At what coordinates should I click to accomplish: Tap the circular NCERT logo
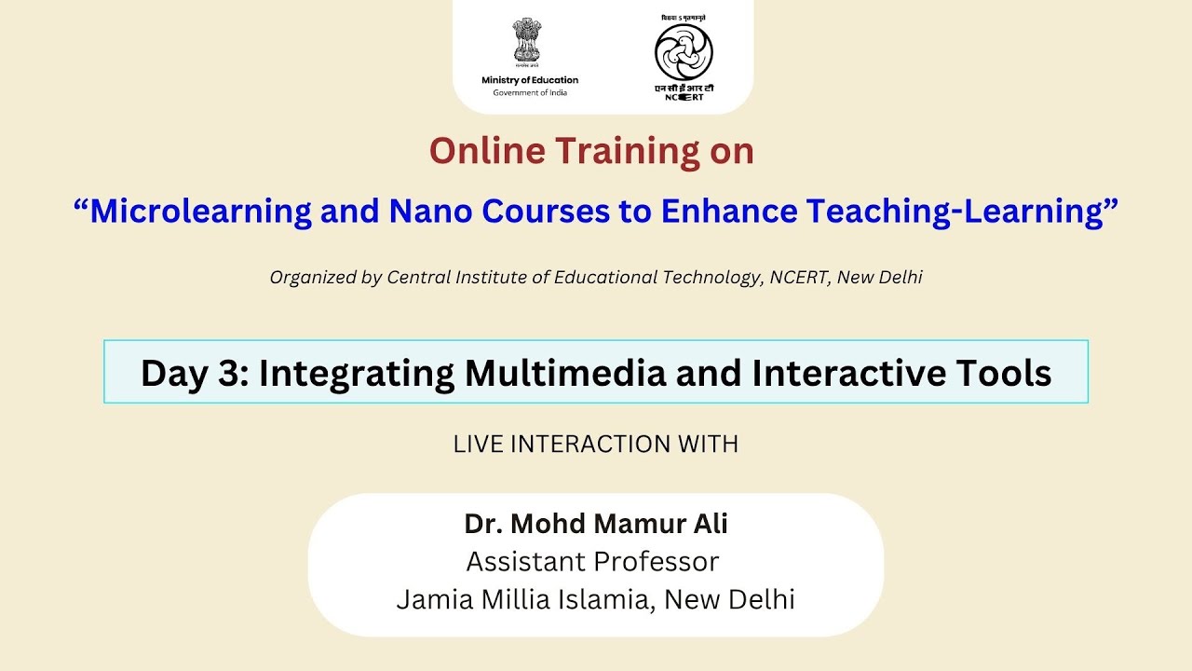tap(684, 52)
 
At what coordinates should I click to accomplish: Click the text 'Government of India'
tap(530, 92)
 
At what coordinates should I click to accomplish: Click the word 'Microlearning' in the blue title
tap(200, 212)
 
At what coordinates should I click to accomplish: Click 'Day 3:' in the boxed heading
tap(194, 373)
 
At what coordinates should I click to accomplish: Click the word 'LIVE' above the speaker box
tap(477, 445)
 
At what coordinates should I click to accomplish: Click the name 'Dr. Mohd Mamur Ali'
tap(596, 524)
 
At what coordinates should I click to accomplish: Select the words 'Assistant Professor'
tap(592, 562)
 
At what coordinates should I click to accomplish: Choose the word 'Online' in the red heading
tap(487, 151)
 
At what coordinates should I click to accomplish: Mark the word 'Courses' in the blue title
tap(537, 212)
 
